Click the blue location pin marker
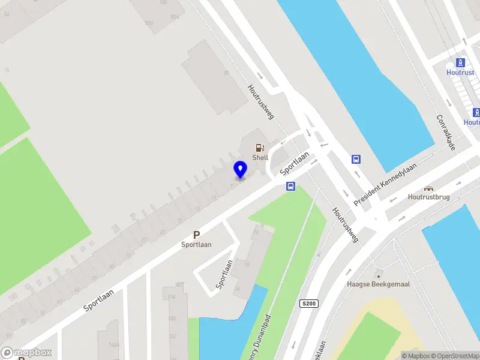[x=240, y=169]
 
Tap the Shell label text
[x=260, y=158]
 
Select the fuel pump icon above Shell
[x=260, y=147]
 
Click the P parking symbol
[x=196, y=235]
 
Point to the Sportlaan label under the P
[x=196, y=245]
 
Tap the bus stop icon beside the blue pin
[x=290, y=186]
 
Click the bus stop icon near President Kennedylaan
[x=356, y=160]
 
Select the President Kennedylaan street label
[x=385, y=178]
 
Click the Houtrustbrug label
[x=428, y=197]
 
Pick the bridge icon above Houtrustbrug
[x=428, y=188]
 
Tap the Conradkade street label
[x=446, y=133]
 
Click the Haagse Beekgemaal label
[x=378, y=284]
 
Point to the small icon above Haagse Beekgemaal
[x=377, y=275]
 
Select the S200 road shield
[x=308, y=304]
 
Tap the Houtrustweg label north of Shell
[x=261, y=101]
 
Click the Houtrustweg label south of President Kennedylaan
[x=346, y=226]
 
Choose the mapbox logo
[x=26, y=353]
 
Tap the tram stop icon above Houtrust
[x=460, y=62]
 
